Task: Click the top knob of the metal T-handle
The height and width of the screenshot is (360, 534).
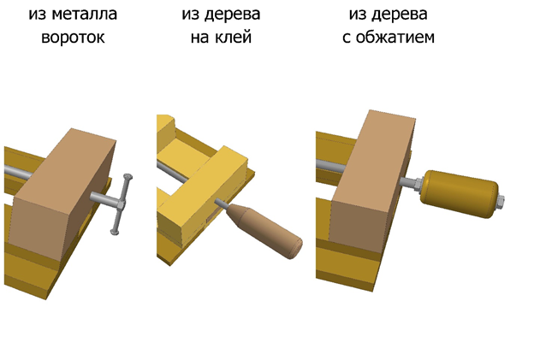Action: [x=128, y=177]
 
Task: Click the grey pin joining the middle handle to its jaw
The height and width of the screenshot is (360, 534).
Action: [x=221, y=204]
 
